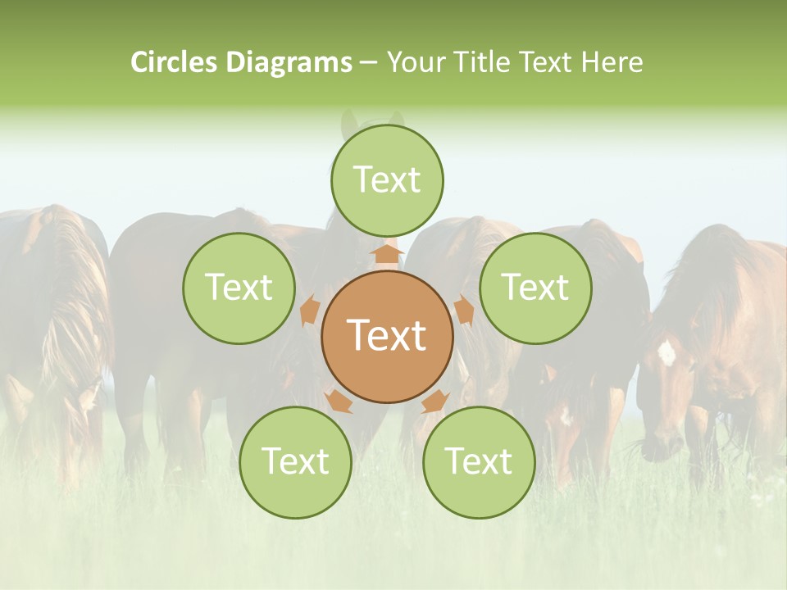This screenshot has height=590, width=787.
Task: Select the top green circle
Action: (387, 180)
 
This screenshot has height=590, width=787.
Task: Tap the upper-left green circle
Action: (239, 288)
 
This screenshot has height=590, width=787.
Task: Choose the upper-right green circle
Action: (535, 288)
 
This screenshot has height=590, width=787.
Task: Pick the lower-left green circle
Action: (295, 462)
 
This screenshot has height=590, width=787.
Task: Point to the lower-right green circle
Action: (479, 462)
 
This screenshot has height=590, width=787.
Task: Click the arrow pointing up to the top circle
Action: (387, 253)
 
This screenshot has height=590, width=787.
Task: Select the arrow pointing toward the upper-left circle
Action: (311, 311)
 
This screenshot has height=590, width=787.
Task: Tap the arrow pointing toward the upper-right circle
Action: (463, 311)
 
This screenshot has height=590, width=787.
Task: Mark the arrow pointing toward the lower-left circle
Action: (339, 401)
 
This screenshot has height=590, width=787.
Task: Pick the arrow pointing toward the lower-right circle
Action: (435, 401)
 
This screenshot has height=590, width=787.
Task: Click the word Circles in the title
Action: (175, 62)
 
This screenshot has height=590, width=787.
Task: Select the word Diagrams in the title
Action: (289, 62)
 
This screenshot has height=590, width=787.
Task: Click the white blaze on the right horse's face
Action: (666, 353)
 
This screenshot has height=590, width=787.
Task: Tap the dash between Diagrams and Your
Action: (367, 63)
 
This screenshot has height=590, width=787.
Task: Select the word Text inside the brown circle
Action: (387, 335)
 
